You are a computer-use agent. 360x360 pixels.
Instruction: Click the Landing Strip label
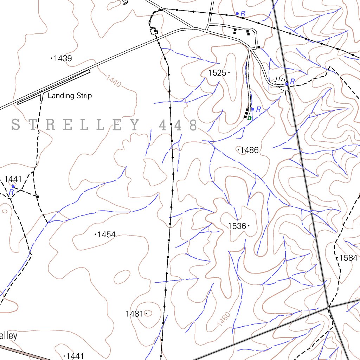pyautogui.click(x=70, y=96)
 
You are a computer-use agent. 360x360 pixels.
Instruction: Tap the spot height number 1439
pyautogui.click(x=63, y=58)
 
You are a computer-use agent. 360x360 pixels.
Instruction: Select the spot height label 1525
pyautogui.click(x=217, y=73)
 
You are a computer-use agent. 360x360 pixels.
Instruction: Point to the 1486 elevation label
pyautogui.click(x=250, y=150)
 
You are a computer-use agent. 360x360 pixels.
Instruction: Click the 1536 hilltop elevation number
pyautogui.click(x=237, y=226)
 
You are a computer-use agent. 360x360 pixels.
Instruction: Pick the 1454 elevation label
pyautogui.click(x=107, y=234)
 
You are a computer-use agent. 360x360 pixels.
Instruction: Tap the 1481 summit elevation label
pyautogui.click(x=134, y=314)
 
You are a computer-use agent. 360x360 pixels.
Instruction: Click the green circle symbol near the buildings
pyautogui.click(x=249, y=118)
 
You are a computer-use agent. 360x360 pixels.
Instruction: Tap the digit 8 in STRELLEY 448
pyautogui.click(x=192, y=125)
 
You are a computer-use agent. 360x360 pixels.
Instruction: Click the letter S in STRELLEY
pyautogui.click(x=15, y=124)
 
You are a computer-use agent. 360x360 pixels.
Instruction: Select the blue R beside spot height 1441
pyautogui.click(x=11, y=192)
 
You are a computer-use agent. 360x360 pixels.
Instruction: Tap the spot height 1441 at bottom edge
pyautogui.click(x=75, y=356)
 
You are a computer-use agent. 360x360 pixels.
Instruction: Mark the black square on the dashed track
pyautogui.click(x=38, y=197)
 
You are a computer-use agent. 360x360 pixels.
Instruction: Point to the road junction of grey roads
pyautogui.click(x=329, y=307)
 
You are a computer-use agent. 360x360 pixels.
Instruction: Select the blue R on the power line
pyautogui.click(x=243, y=13)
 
